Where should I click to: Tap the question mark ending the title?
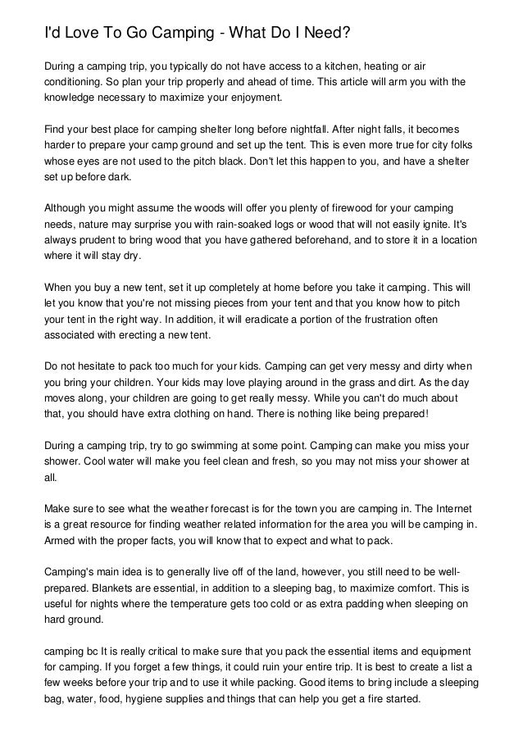347,32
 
